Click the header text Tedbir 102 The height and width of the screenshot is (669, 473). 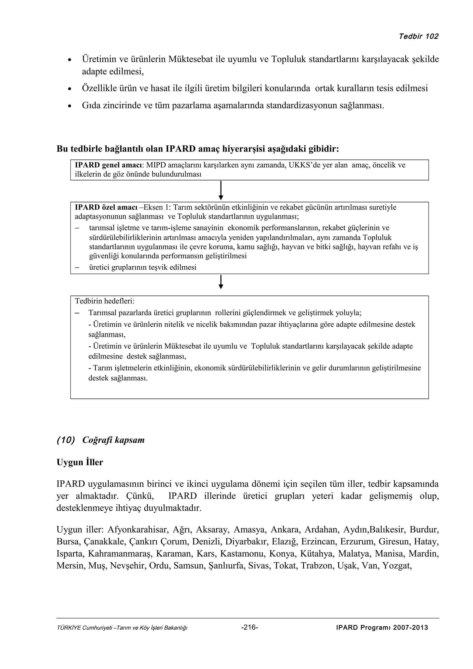[x=418, y=36]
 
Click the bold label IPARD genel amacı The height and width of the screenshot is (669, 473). [x=108, y=165]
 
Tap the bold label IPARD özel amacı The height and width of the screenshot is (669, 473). [x=106, y=208]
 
